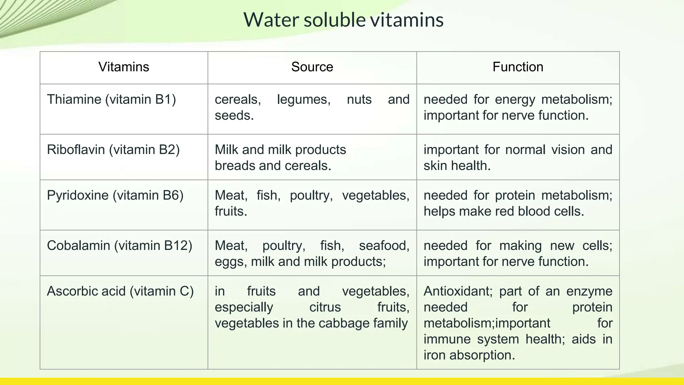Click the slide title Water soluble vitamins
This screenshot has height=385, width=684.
(343, 20)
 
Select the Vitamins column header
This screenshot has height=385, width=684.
(124, 67)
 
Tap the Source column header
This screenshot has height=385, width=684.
(312, 67)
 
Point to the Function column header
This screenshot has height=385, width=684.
(518, 67)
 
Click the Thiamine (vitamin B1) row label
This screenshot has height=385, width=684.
(111, 100)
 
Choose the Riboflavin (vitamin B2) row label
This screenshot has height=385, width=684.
(113, 150)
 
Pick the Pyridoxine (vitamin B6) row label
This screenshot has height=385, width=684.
(115, 196)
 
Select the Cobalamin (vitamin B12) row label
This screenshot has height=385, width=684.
(120, 246)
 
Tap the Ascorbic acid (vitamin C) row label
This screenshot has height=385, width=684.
(120, 291)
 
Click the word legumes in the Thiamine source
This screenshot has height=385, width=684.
(304, 100)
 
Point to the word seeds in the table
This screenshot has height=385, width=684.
(234, 116)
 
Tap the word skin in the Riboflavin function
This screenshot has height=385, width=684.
(435, 166)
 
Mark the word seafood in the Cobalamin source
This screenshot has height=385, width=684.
(384, 246)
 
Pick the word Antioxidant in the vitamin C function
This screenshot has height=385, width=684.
(458, 291)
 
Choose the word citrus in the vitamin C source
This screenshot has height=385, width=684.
(325, 307)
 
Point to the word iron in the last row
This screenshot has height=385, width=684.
(434, 355)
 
